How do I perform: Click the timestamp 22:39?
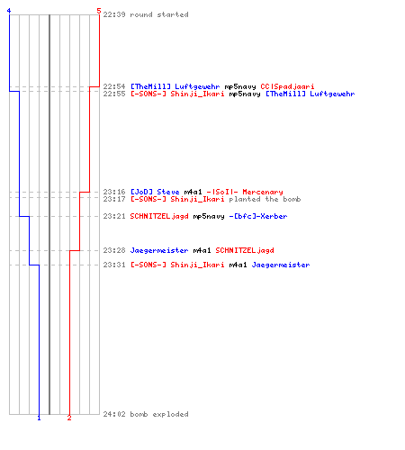114,14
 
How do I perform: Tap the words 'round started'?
159,14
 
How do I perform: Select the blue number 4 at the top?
9,11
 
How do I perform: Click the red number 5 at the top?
99,11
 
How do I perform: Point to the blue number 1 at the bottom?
39,418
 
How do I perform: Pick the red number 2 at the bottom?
69,418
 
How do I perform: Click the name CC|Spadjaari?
287,86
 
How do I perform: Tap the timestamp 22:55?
114,94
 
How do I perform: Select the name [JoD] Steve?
155,192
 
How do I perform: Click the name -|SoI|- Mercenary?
245,192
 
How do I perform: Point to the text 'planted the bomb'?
265,199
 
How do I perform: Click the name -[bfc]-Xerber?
258,216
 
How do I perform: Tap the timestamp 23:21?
114,216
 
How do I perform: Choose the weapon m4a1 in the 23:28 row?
202,250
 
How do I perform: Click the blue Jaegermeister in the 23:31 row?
281,265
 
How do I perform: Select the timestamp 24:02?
114,414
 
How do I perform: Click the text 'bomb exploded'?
159,414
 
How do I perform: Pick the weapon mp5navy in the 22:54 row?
240,86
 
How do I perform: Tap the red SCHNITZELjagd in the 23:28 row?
245,250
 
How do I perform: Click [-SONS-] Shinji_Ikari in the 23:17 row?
177,199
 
